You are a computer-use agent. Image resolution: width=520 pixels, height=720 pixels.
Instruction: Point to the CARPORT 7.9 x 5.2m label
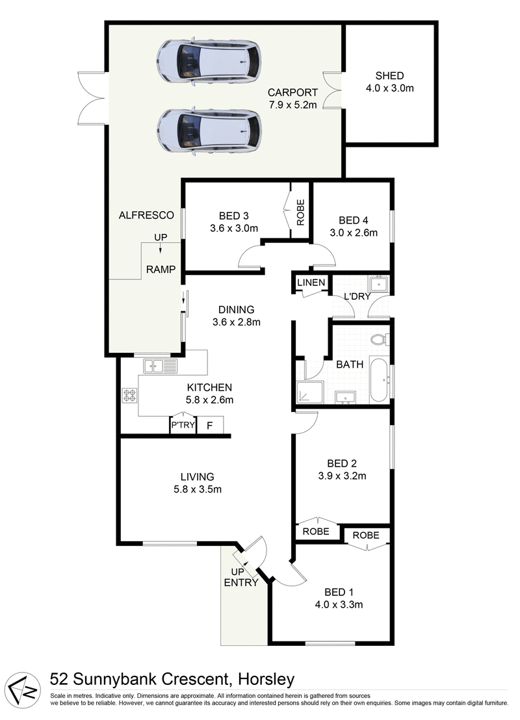[292, 98]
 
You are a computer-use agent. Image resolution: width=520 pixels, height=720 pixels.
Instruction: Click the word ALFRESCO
[146, 215]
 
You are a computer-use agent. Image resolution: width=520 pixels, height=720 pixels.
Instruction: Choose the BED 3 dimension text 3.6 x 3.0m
[234, 228]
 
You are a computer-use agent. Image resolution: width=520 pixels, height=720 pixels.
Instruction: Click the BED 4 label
[353, 220]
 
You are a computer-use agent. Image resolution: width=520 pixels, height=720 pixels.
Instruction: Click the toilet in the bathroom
[379, 339]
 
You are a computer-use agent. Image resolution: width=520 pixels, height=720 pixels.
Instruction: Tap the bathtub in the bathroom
[379, 379]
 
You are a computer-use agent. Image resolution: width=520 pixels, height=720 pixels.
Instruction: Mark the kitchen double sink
[161, 366]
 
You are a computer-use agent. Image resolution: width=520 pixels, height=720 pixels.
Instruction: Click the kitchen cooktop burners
[129, 395]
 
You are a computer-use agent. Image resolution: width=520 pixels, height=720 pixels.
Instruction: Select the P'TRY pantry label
[181, 425]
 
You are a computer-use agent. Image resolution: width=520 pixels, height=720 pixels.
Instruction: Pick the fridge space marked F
[209, 425]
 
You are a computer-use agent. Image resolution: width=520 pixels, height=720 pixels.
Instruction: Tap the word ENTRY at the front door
[241, 582]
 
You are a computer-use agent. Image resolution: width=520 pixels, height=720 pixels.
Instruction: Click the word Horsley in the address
[266, 680]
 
